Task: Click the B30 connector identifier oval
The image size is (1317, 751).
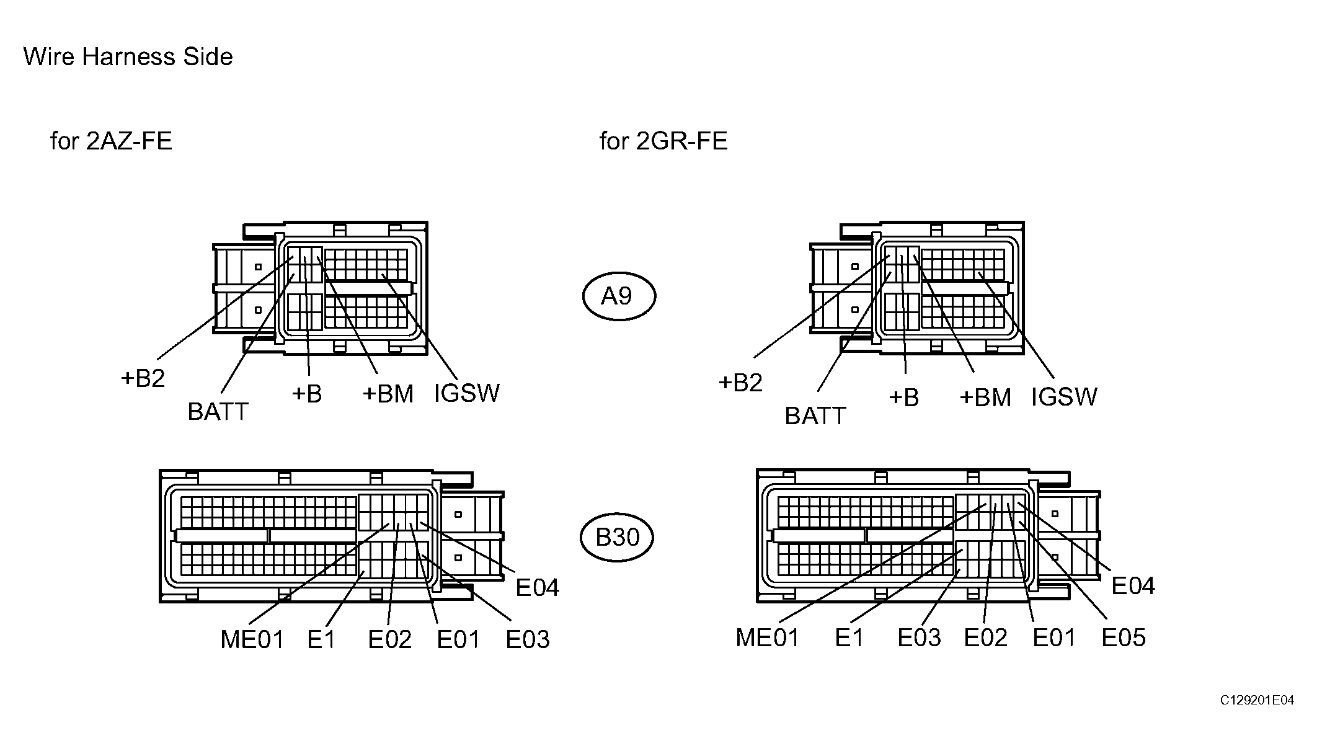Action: click(x=618, y=537)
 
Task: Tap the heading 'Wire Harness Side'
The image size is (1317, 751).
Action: click(x=128, y=57)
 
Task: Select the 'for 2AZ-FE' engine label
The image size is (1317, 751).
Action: click(x=111, y=141)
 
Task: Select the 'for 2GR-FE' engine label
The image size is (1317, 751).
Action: click(x=663, y=141)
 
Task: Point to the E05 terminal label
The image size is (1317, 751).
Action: click(x=1124, y=638)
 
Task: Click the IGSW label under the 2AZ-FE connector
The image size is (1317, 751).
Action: click(x=467, y=393)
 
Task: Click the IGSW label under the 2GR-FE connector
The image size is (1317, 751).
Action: click(x=1064, y=397)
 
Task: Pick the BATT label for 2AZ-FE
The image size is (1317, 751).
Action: click(x=218, y=412)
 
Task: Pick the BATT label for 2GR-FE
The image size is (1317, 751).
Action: click(x=815, y=415)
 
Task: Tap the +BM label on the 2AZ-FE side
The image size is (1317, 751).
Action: click(x=388, y=394)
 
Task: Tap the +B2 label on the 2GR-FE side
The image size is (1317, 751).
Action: click(x=740, y=383)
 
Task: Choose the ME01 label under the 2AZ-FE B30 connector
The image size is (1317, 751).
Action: click(x=252, y=639)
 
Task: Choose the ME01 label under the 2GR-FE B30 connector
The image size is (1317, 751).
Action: click(x=768, y=638)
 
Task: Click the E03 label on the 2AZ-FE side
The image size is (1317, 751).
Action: click(x=528, y=639)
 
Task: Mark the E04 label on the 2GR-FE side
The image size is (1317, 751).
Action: click(x=1133, y=586)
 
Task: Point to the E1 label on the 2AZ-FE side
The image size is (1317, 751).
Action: click(x=321, y=639)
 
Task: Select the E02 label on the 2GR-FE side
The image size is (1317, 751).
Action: click(x=986, y=638)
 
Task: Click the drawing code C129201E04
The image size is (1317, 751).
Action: click(x=1257, y=700)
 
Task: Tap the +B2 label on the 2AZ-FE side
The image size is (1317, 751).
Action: click(x=143, y=378)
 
